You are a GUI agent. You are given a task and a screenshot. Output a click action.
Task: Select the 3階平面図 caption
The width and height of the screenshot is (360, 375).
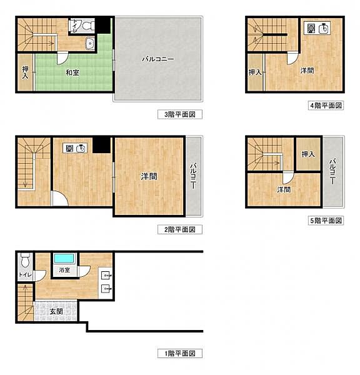tap(179, 115)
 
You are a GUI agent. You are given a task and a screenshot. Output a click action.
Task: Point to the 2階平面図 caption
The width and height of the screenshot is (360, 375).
tap(179, 229)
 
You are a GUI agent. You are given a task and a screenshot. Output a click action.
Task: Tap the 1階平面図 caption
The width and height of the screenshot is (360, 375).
tap(179, 354)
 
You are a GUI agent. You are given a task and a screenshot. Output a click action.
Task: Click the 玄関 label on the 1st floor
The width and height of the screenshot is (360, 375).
tap(56, 311)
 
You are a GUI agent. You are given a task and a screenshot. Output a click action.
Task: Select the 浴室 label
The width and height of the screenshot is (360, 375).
tap(64, 270)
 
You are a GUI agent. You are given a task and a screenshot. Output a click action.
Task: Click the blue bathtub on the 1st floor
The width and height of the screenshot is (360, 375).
tap(64, 258)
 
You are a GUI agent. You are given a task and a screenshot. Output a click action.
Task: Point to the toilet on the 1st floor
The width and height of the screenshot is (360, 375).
tap(24, 259)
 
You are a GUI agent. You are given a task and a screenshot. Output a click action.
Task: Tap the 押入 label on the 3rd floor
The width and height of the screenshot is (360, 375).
tap(25, 72)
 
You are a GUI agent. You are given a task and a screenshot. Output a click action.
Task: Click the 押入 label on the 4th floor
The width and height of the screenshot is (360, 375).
tap(255, 72)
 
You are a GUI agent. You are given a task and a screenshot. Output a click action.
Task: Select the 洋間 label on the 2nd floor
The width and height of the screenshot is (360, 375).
tap(149, 177)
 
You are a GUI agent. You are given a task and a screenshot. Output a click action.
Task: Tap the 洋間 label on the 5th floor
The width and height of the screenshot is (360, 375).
tap(284, 189)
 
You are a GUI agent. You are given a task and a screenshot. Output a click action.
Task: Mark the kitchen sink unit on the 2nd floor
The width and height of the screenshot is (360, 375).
tap(75, 149)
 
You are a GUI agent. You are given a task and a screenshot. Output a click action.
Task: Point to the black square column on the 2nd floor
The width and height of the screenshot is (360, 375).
tap(101, 144)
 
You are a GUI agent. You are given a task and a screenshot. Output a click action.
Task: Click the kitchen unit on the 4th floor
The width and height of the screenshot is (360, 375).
tap(317, 28)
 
